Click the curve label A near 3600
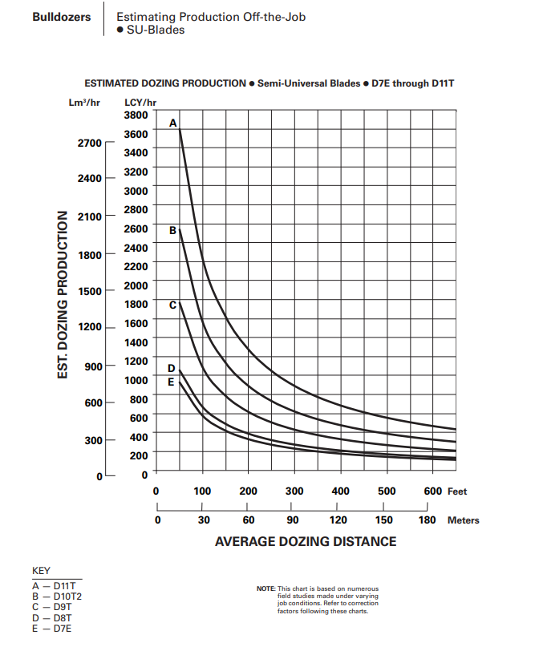click(172, 123)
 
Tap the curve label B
click(172, 230)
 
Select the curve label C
click(172, 305)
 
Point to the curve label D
click(171, 368)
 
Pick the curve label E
click(171, 382)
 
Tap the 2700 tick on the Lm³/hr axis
click(89, 143)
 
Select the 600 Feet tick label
click(433, 491)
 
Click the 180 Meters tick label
click(428, 520)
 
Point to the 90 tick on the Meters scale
click(295, 520)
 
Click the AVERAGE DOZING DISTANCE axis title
click(306, 542)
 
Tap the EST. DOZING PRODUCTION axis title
click(63, 296)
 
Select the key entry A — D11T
click(53, 586)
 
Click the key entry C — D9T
click(51, 607)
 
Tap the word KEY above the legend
click(41, 571)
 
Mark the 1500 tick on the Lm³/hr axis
click(89, 290)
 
